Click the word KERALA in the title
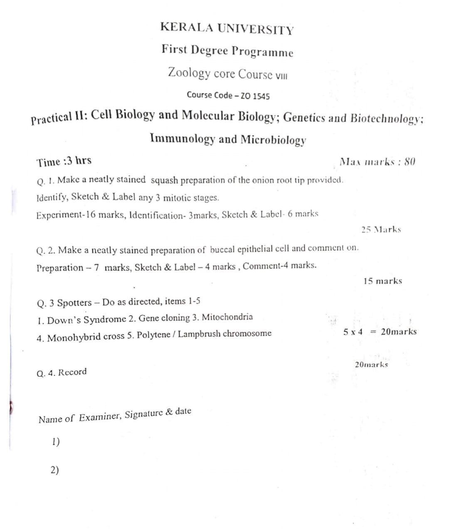coord(187,27)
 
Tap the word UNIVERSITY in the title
coord(256,29)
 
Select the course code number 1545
coord(261,96)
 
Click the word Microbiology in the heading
coord(273,140)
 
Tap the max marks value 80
coord(410,161)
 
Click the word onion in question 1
coord(264,180)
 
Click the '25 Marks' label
coord(381,229)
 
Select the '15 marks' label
coord(382,281)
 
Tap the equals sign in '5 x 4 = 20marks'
coord(373,332)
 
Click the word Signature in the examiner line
coord(143,414)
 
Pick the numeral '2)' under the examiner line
coord(54,470)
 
